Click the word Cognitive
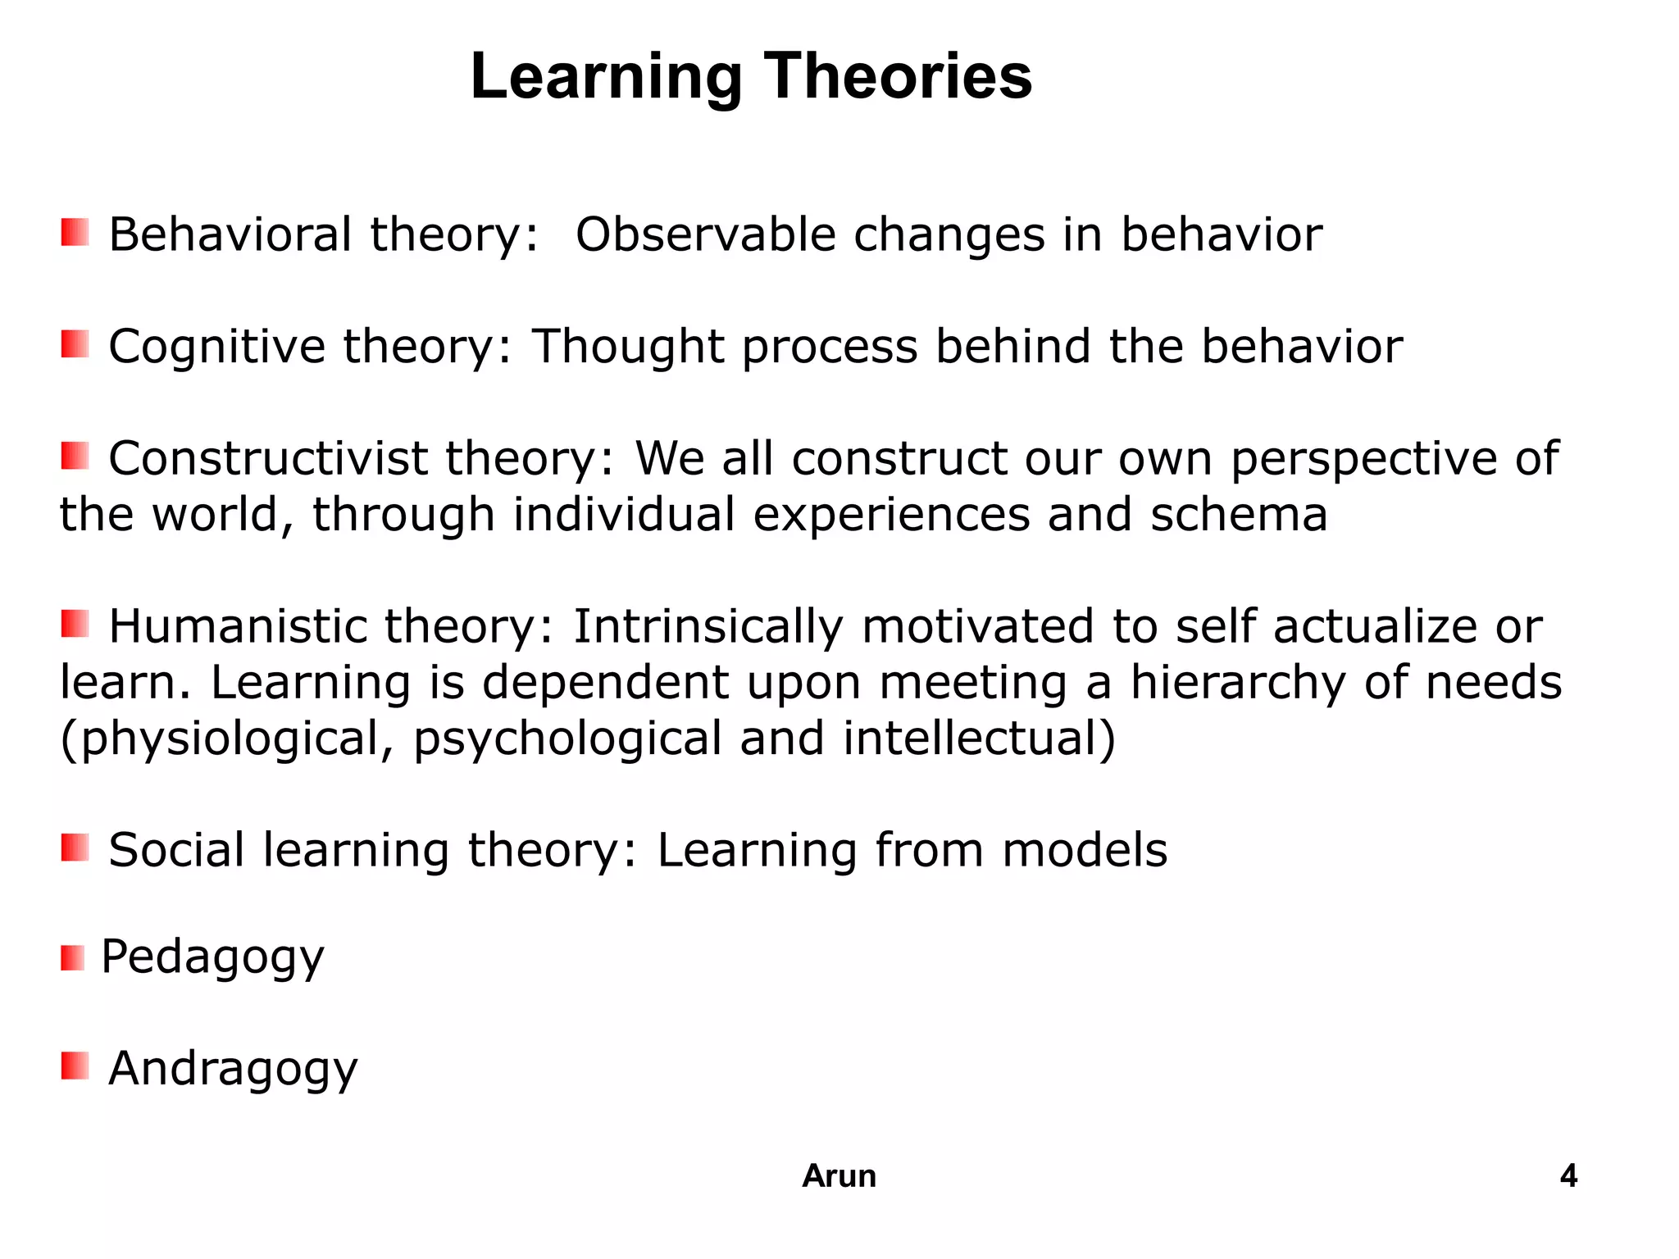pyautogui.click(x=217, y=346)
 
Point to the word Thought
pyautogui.click(x=628, y=346)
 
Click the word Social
pyautogui.click(x=176, y=850)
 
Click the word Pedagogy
pyautogui.click(x=212, y=957)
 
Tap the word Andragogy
pyautogui.click(x=233, y=1069)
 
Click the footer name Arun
pyautogui.click(x=839, y=1176)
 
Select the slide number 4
pyautogui.click(x=1568, y=1176)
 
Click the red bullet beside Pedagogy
pyautogui.click(x=73, y=957)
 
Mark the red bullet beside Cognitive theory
pyautogui.click(x=75, y=344)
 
